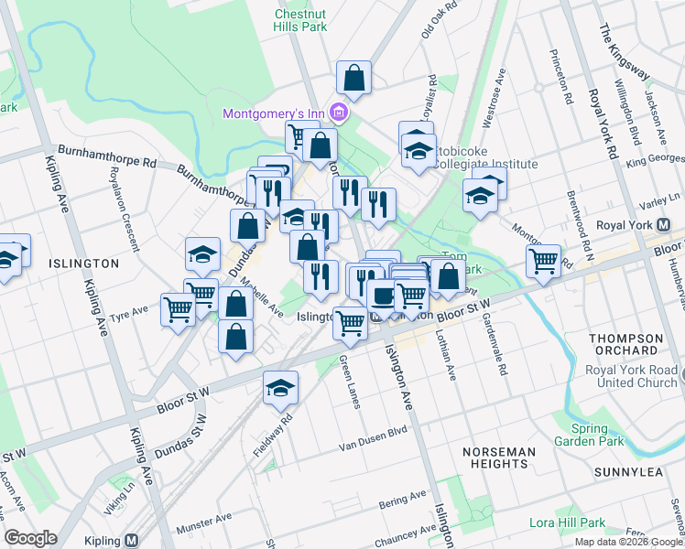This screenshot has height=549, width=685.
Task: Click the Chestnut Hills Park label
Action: click(301, 20)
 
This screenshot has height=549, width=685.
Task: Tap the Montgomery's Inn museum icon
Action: click(339, 113)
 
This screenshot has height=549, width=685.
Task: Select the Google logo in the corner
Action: click(31, 538)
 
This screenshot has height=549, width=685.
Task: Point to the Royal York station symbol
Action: click(665, 224)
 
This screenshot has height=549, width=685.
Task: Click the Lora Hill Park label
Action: click(568, 523)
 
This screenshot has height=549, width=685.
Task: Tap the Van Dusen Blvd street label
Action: click(373, 436)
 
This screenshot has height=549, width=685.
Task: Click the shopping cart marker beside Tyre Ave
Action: click(177, 309)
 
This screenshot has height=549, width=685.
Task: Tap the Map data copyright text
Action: click(628, 542)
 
